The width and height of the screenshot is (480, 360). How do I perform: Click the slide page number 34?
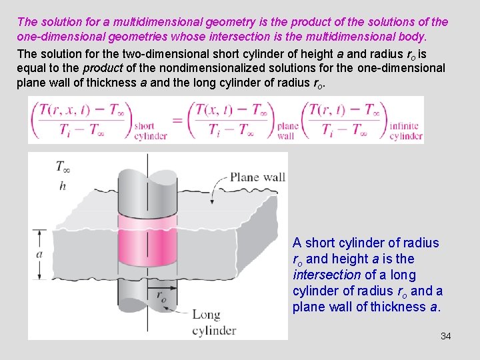point(445,336)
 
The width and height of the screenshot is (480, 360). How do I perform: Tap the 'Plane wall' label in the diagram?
point(257,177)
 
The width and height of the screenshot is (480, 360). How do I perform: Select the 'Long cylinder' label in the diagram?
point(214,323)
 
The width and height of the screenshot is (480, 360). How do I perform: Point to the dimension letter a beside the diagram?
point(39,254)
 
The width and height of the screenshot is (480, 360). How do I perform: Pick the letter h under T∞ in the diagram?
point(62,186)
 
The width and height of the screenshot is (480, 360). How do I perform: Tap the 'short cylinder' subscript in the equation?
point(151,131)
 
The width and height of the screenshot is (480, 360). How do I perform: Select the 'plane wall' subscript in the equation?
point(287,131)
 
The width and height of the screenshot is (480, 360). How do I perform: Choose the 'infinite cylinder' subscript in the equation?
point(405,131)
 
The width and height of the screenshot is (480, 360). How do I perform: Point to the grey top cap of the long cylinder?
point(147,171)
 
